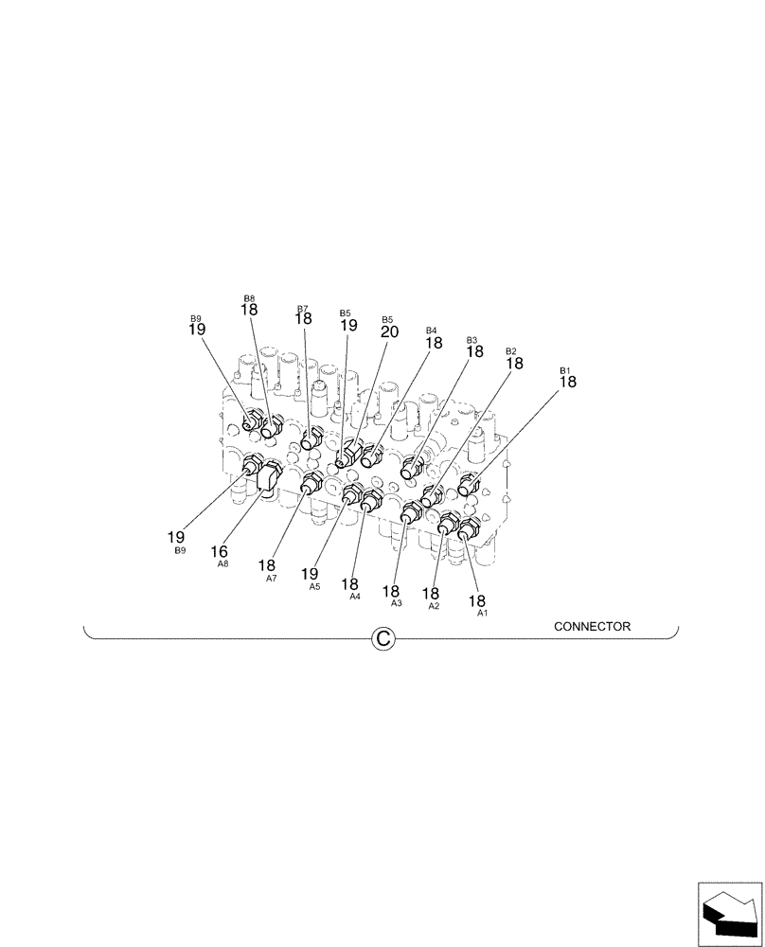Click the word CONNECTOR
pos(592,626)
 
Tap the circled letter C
pos(382,640)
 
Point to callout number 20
pos(389,332)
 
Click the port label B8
pos(249,297)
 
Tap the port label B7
pos(303,309)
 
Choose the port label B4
pos(432,331)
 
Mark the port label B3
pos(471,340)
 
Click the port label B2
pos(511,351)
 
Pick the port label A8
pos(222,563)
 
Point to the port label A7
pos(272,579)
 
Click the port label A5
pos(314,587)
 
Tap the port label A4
pos(355,598)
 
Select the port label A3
pos(396,603)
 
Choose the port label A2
pos(434,606)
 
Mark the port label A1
pos(482,614)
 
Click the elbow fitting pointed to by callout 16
pos(268,477)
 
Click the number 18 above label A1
pos(476,600)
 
